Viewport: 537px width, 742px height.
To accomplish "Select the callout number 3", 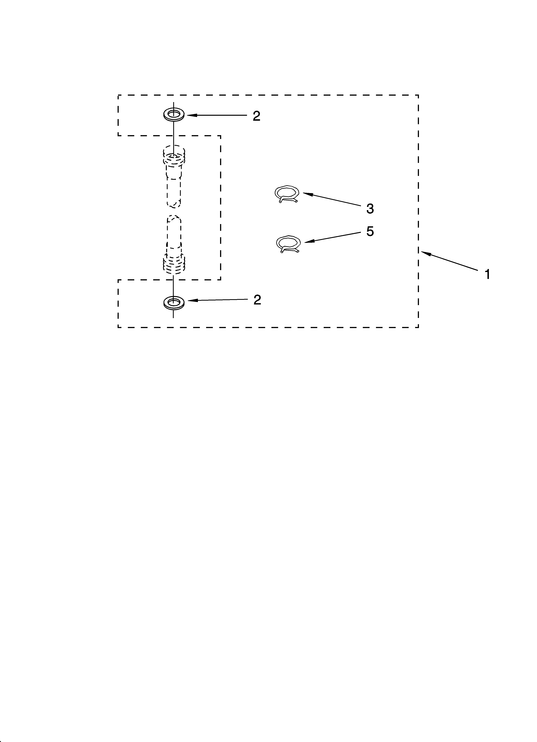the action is point(370,209).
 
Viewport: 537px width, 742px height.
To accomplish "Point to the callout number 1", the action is point(487,274).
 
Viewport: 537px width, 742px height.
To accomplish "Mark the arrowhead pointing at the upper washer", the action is point(191,115).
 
